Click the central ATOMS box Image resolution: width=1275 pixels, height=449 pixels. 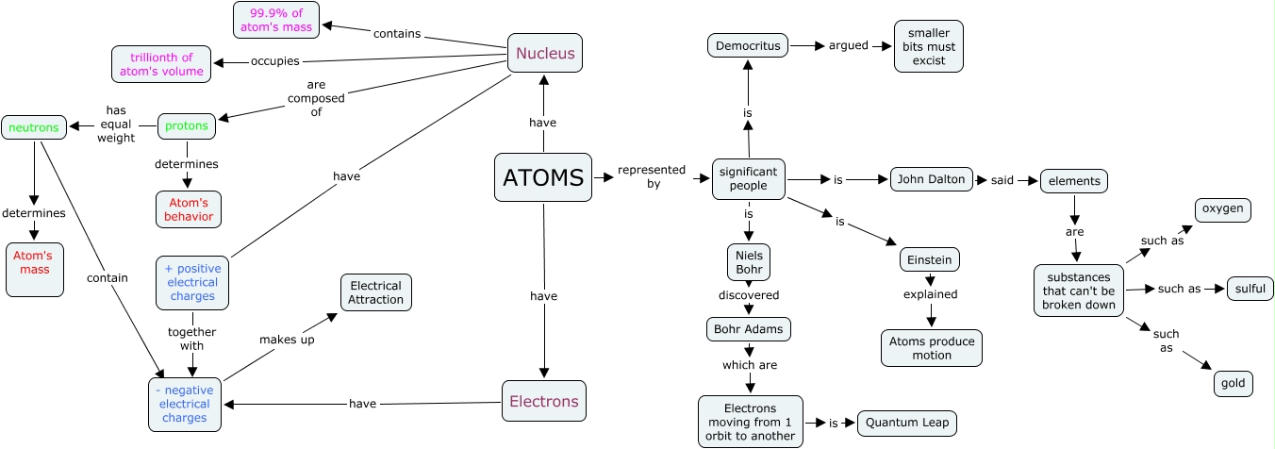[543, 177]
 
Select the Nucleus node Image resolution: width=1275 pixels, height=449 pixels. [544, 53]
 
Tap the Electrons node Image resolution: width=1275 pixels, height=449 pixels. [543, 401]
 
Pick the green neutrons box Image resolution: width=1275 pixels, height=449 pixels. [33, 126]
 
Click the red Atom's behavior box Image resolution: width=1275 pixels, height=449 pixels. [189, 209]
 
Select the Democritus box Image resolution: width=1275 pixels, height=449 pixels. [748, 45]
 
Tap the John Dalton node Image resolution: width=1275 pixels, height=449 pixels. [932, 179]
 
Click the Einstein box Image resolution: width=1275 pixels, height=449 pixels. [931, 259]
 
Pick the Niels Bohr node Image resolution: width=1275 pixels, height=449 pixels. [749, 262]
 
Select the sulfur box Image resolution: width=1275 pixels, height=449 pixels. [1250, 289]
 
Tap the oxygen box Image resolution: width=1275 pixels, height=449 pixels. [1223, 210]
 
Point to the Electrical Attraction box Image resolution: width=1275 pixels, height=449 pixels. [376, 292]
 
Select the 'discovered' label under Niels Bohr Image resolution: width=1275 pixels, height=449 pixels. [749, 295]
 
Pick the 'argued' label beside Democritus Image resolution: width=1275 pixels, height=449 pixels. [849, 45]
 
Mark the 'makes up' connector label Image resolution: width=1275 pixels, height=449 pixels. [287, 340]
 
